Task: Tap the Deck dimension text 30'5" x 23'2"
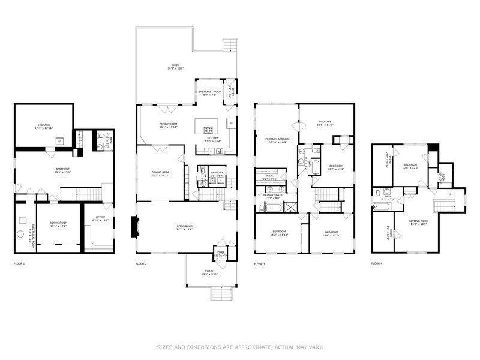pos(175,69)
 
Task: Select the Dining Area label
pos(160,172)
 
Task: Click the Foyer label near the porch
pos(220,253)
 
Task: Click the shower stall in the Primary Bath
pos(291,208)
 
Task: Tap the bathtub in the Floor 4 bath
pos(382,206)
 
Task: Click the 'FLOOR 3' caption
pos(259,264)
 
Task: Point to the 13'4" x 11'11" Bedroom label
pos(333,234)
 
